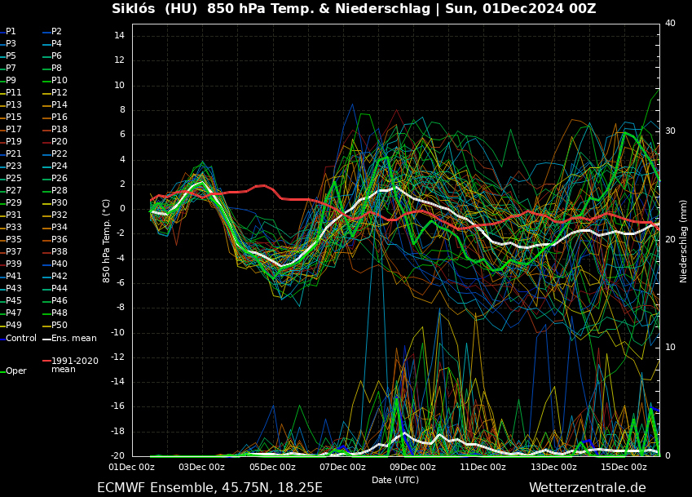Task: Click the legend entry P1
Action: point(11,31)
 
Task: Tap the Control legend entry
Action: point(20,338)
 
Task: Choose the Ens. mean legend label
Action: point(73,338)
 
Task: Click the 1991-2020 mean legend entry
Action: point(75,365)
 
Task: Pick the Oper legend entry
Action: point(16,371)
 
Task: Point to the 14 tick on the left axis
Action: point(119,36)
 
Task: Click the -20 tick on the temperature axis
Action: point(117,455)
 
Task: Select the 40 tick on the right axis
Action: point(670,23)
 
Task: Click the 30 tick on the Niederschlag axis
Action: point(670,131)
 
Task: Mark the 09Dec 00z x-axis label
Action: point(412,468)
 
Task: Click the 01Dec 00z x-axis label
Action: point(132,468)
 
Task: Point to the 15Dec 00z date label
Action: point(624,468)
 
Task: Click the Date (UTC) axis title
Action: point(395,480)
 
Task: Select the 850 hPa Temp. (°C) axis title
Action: point(107,241)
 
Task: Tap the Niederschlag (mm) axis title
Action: point(683,241)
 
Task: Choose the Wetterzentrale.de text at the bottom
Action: point(587,488)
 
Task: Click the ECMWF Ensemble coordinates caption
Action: point(209,488)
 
